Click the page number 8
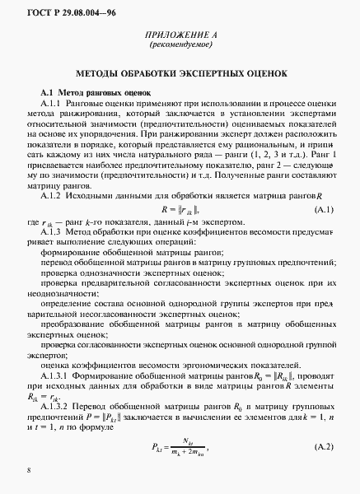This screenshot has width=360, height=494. pos(29,471)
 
